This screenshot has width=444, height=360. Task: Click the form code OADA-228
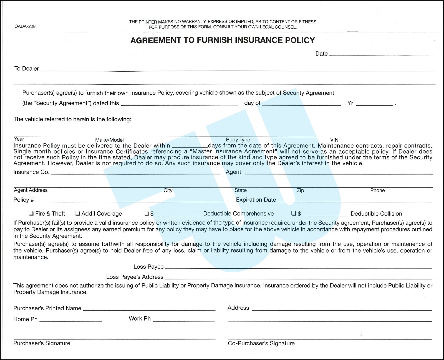25,26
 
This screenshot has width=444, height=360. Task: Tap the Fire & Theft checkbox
31,213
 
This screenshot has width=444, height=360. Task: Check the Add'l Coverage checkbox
77,213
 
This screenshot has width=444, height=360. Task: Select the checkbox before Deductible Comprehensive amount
146,213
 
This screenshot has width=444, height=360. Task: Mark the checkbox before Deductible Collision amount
294,213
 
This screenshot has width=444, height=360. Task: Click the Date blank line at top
380,54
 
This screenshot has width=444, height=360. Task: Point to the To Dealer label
27,69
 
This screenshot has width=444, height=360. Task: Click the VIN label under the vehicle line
334,140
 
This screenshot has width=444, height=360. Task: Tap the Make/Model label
109,140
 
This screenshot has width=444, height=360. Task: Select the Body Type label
238,140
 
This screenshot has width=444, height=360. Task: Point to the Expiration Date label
256,200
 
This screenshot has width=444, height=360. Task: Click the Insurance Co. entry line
136,173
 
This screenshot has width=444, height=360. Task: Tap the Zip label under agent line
300,190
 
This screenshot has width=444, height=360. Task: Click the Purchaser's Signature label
42,343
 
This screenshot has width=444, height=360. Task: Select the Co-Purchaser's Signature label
261,343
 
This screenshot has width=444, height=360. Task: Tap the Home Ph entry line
70,320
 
